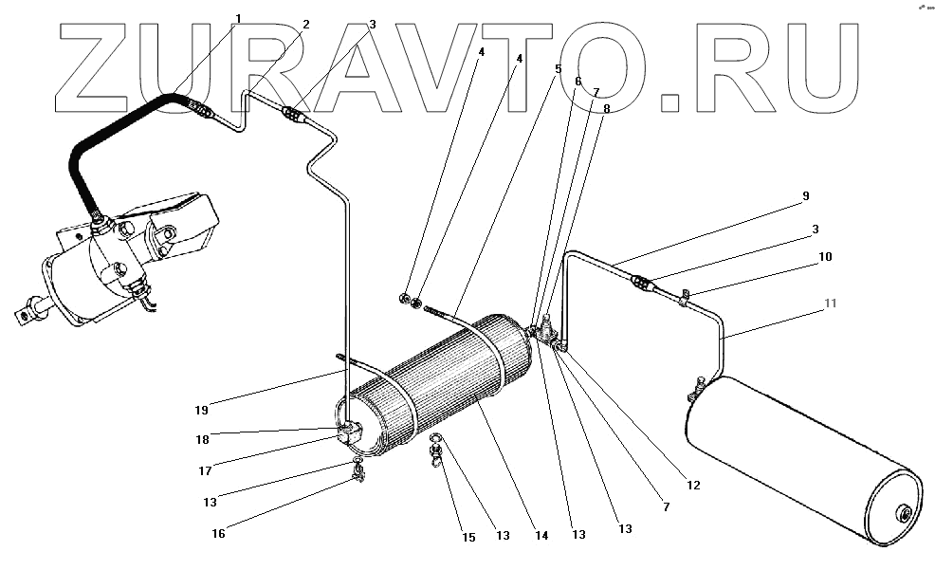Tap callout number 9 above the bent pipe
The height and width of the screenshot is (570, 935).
[x=805, y=196]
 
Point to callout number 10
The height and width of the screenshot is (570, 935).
[x=826, y=256]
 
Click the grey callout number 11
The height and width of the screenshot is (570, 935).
[x=830, y=303]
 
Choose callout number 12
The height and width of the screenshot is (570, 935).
[x=693, y=486]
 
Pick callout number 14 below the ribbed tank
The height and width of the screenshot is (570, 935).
[x=541, y=536]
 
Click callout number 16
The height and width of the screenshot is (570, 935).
[x=218, y=534]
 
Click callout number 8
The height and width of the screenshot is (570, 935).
[x=607, y=108]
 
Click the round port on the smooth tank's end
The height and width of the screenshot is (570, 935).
[x=904, y=515]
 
